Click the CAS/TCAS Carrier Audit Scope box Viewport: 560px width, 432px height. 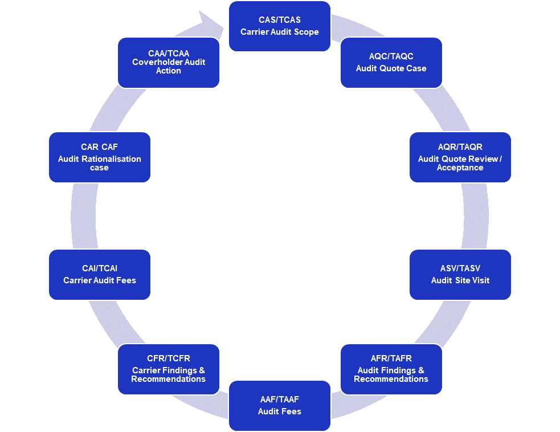click(279, 26)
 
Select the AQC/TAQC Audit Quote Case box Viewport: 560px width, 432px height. click(391, 63)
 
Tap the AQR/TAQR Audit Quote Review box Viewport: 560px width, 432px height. click(460, 157)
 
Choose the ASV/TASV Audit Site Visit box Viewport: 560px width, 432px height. click(460, 274)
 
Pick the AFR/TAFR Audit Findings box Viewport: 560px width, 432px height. click(391, 369)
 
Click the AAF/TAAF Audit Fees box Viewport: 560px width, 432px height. click(279, 405)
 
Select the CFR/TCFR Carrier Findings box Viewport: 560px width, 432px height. click(168, 369)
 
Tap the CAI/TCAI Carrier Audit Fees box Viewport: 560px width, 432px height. click(99, 274)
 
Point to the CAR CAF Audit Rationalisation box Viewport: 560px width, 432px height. click(99, 157)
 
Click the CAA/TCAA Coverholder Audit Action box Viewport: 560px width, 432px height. click(168, 63)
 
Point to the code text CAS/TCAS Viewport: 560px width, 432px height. click(279, 20)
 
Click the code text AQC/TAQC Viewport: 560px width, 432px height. click(391, 56)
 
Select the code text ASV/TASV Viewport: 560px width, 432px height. click(460, 268)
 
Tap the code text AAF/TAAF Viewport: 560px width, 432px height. click(279, 400)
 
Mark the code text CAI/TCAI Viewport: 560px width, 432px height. click(99, 268)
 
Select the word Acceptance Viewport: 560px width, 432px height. click(460, 168)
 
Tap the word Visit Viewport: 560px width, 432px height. click(480, 280)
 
